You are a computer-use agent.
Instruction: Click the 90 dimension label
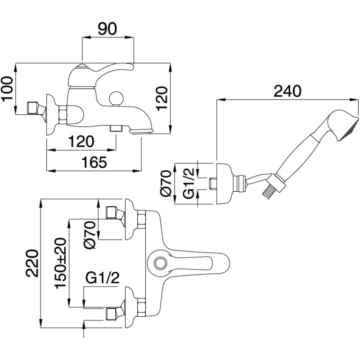(108, 29)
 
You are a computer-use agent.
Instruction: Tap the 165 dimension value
(94, 162)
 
